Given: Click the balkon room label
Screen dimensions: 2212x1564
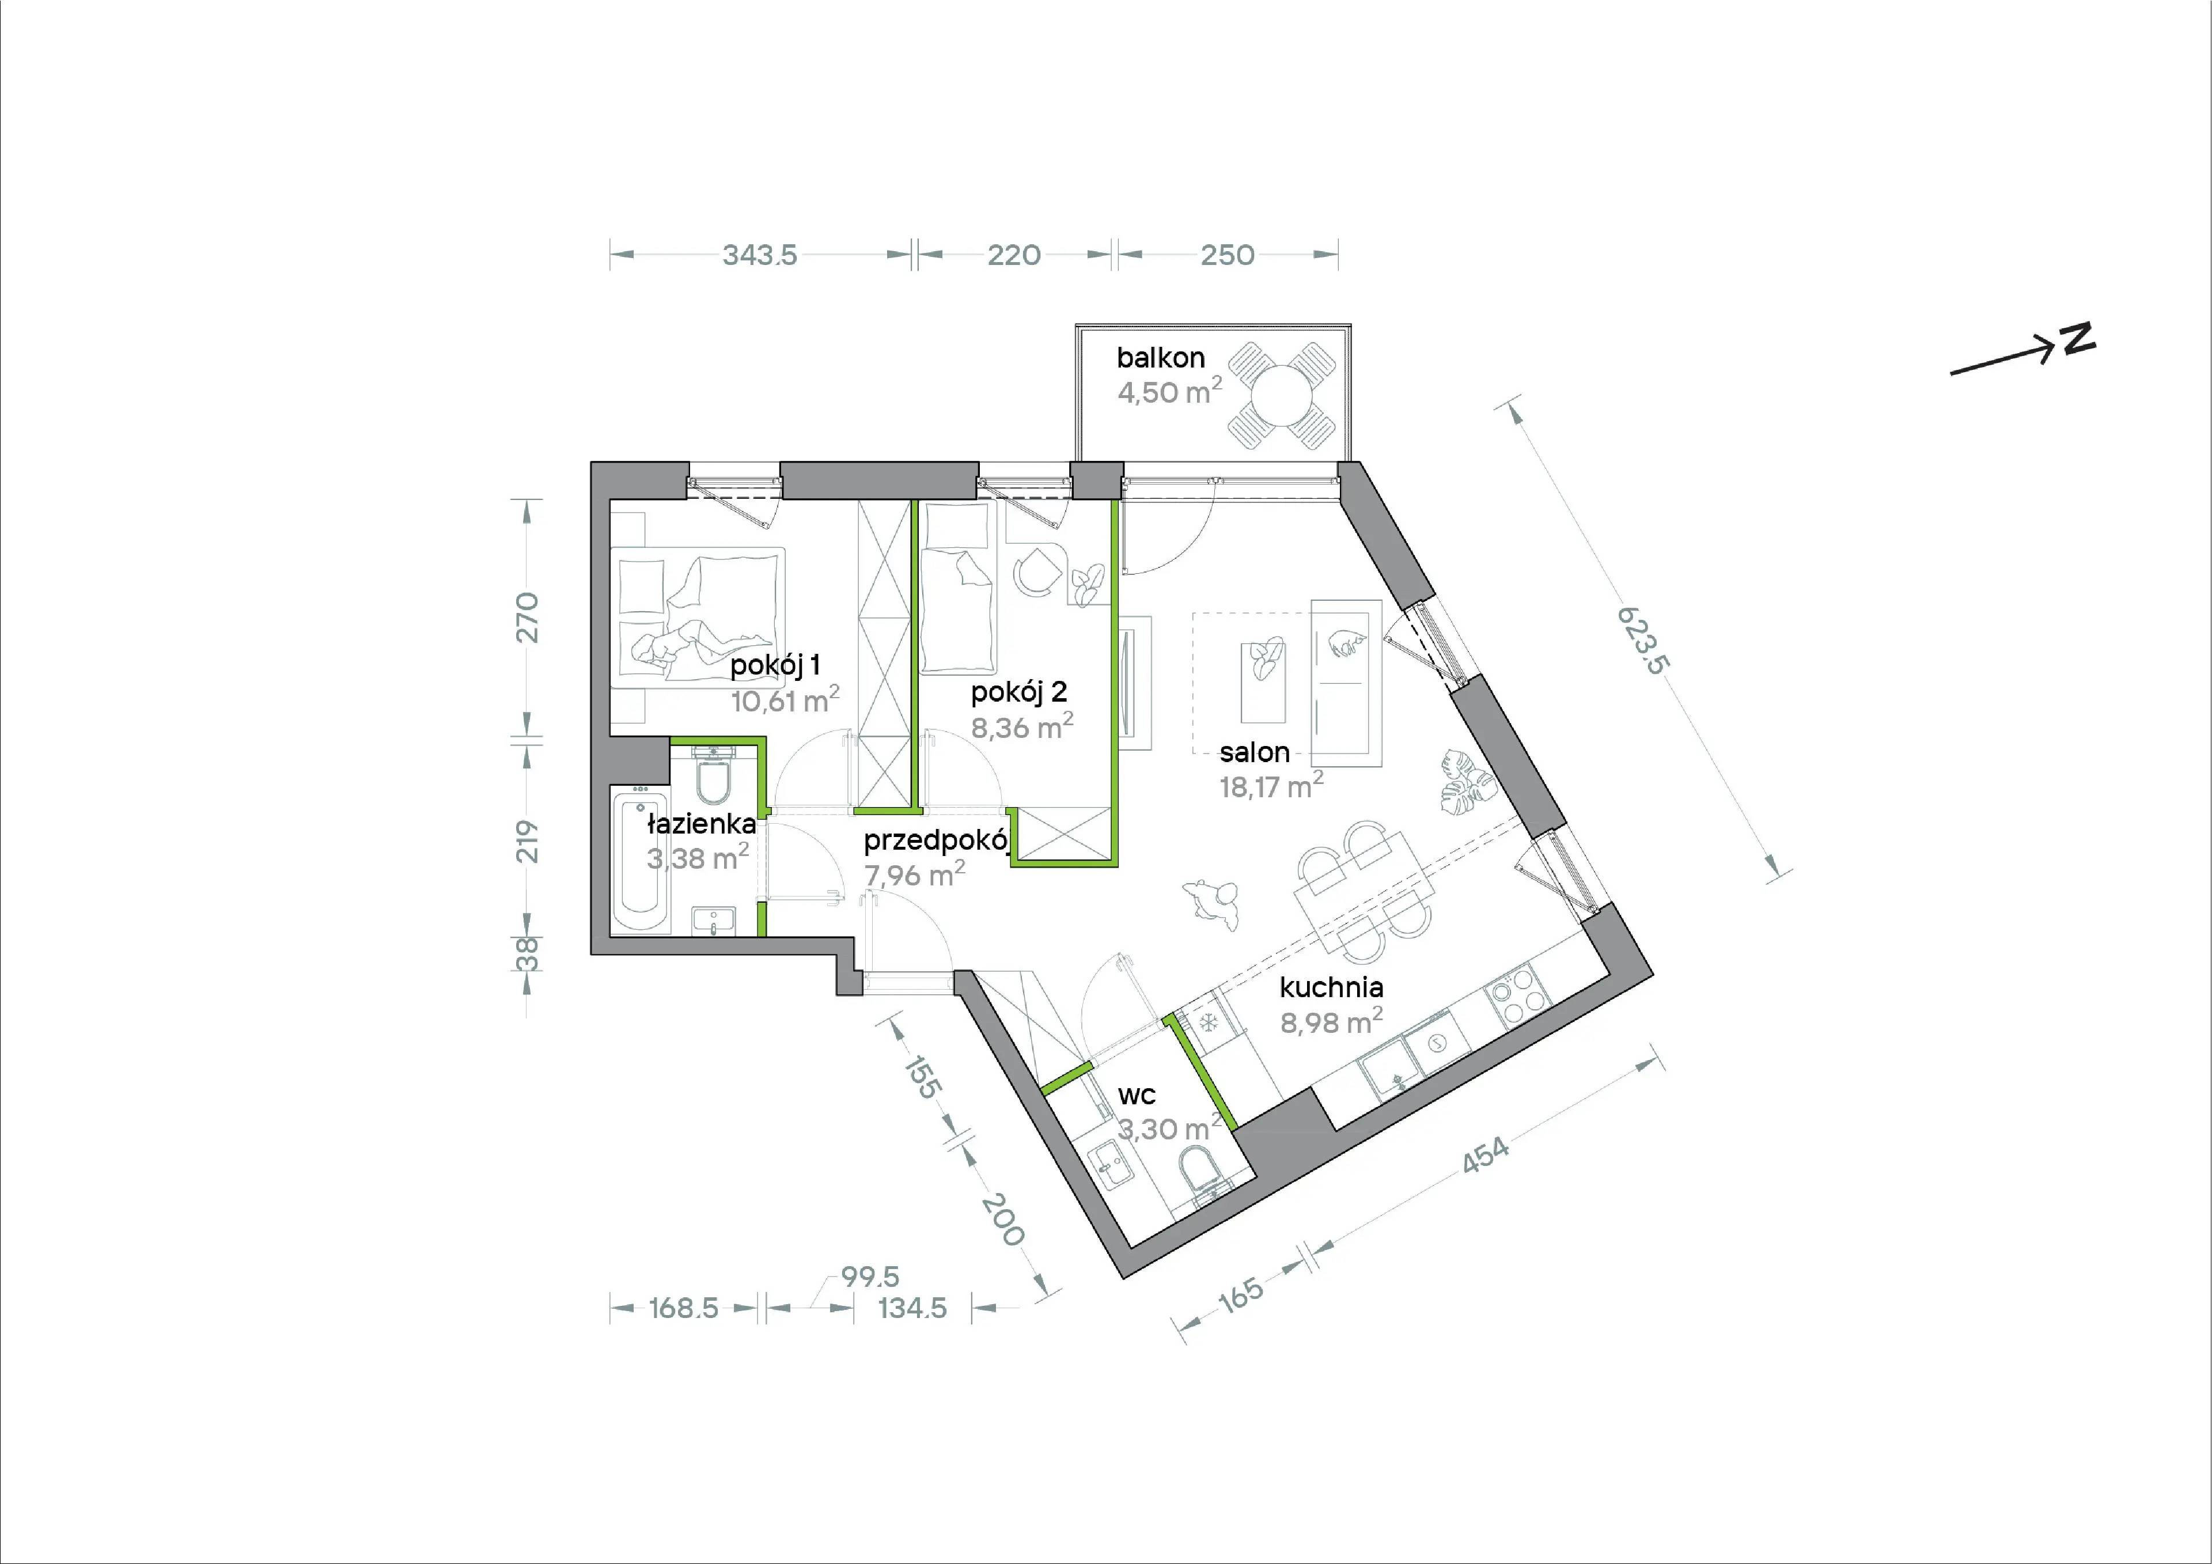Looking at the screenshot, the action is click(1160, 358).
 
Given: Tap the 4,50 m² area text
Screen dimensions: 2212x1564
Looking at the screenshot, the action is click(1169, 391).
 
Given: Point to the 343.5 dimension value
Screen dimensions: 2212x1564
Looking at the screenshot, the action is click(760, 255).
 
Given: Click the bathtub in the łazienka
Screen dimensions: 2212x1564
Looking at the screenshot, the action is click(641, 859).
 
